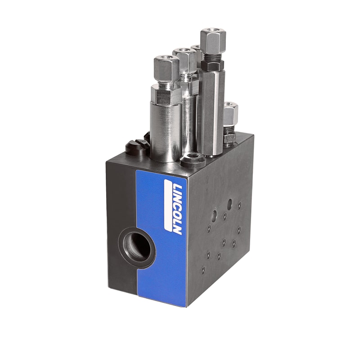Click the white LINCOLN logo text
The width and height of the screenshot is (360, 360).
tap(173, 207)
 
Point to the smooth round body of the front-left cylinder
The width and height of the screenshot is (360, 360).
tap(166, 130)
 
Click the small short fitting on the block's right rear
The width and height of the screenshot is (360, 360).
tap(230, 121)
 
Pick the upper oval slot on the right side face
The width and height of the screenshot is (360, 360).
tap(229, 203)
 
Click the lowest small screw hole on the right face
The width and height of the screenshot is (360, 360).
tap(203, 270)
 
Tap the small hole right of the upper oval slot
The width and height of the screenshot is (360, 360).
tap(239, 205)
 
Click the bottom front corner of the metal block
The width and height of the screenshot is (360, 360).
tap(187, 307)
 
